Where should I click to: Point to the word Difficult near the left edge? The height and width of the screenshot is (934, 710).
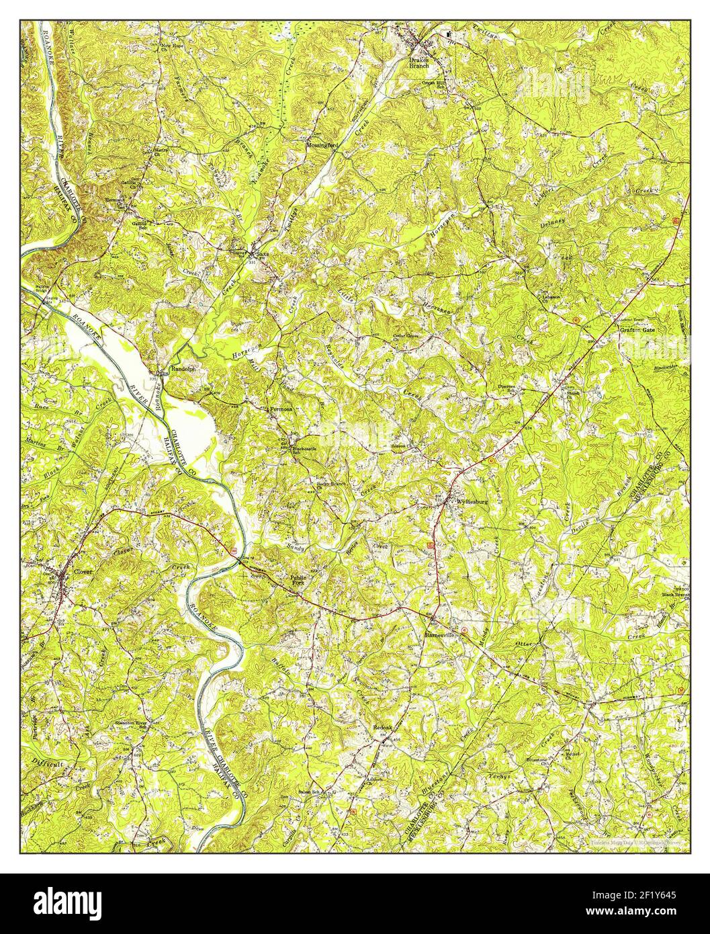pos(47,764)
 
